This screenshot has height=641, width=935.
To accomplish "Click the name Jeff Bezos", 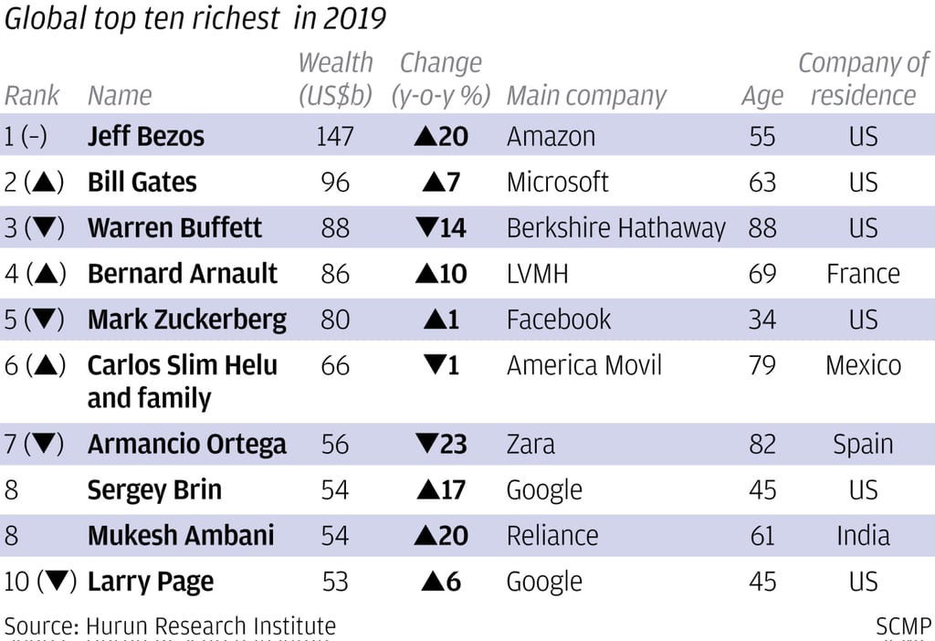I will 145,137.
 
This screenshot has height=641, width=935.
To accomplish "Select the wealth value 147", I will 335,137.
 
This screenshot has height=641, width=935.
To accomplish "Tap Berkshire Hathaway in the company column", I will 615,228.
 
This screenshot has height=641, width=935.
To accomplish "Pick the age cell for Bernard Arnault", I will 762,274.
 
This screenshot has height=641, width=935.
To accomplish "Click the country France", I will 863,274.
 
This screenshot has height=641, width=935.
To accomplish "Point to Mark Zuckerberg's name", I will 186,320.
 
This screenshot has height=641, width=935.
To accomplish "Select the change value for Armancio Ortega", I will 441,445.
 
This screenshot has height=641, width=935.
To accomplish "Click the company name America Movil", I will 583,365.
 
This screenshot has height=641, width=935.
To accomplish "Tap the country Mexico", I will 863,365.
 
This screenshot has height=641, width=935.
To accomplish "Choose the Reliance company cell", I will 552,536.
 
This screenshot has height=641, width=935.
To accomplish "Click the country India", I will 863,536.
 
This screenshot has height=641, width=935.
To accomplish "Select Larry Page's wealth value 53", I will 335,582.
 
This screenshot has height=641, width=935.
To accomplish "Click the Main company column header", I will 586,96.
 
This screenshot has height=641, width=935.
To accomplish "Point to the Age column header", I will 762,96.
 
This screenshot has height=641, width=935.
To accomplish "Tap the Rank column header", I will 32,96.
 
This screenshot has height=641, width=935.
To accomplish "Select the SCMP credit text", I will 902,626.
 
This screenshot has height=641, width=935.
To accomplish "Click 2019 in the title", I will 353,18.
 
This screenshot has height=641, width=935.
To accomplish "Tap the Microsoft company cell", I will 557,183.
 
